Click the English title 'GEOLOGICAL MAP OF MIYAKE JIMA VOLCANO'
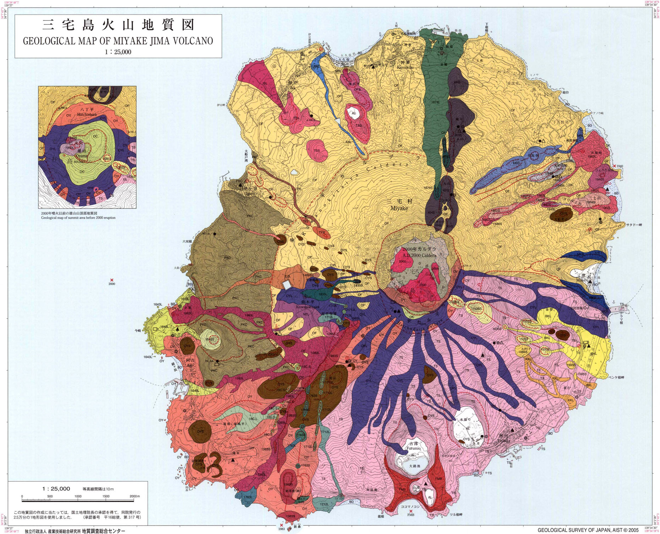(118, 41)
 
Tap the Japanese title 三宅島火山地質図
(118, 25)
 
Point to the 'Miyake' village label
(399, 208)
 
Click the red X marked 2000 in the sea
(112, 280)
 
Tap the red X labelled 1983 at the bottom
(281, 525)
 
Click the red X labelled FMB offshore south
(411, 511)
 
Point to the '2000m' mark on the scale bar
(134, 496)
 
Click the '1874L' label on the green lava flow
(435, 102)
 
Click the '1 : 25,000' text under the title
(118, 52)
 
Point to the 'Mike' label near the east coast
(580, 280)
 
